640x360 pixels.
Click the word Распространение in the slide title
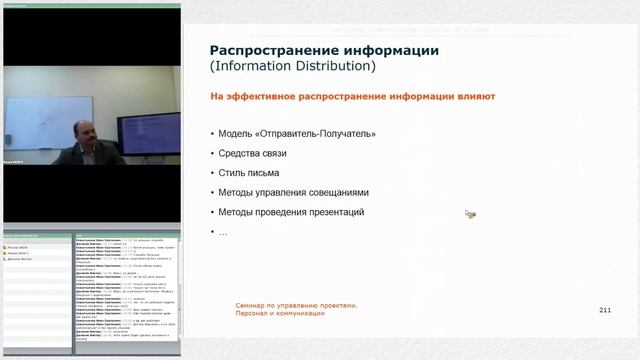267,51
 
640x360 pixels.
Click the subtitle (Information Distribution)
292,67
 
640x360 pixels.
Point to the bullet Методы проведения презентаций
290,212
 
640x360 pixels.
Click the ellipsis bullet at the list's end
222,232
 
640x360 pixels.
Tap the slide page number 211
604,310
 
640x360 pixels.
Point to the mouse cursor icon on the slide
470,213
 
